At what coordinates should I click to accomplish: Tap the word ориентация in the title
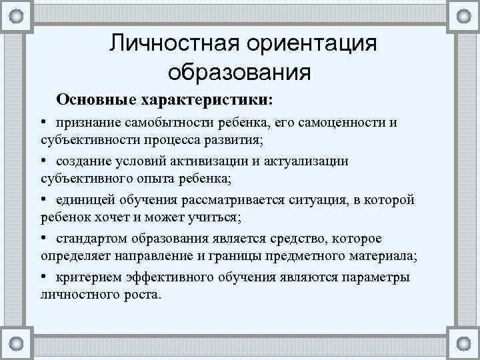tap(313, 43)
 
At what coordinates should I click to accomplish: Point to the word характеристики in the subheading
tap(203, 99)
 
